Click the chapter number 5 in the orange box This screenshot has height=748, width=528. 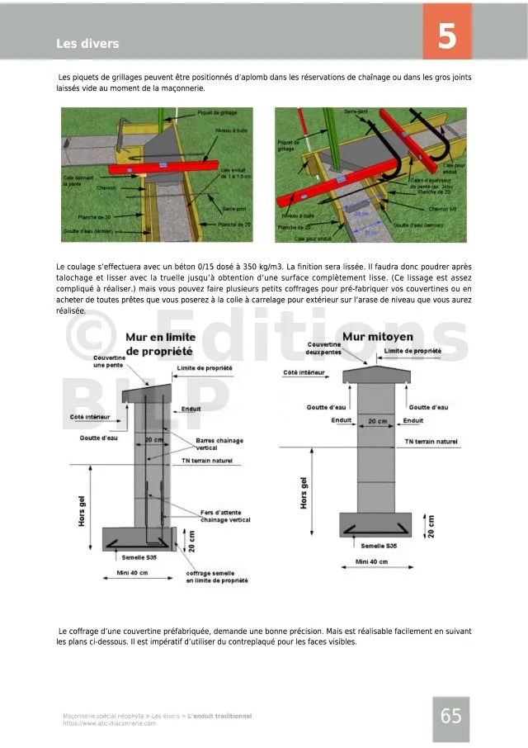click(x=447, y=36)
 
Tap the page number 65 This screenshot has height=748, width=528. click(x=450, y=716)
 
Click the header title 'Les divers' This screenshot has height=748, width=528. click(x=87, y=44)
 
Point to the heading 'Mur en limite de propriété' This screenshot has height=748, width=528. click(x=160, y=344)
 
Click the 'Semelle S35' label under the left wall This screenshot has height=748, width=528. click(x=127, y=557)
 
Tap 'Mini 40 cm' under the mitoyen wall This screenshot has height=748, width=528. click(x=373, y=561)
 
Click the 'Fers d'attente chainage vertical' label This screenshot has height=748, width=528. click(x=226, y=516)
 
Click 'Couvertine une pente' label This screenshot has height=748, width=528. click(x=109, y=361)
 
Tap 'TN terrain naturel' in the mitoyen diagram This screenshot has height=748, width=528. click(x=431, y=442)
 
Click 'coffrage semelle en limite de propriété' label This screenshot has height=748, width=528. click(x=216, y=577)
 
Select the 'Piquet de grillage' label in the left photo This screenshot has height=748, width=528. click(x=217, y=112)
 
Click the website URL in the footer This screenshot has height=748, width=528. click(x=109, y=723)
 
